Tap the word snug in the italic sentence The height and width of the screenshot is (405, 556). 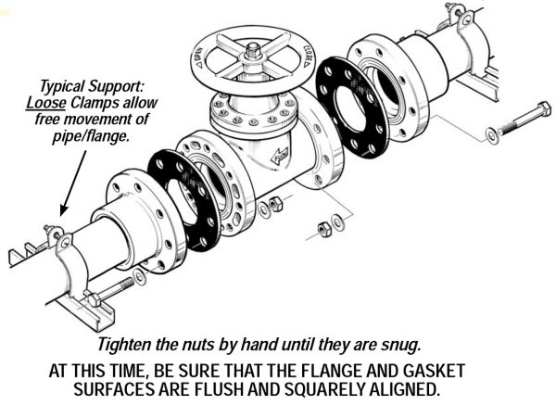[x=401, y=345]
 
